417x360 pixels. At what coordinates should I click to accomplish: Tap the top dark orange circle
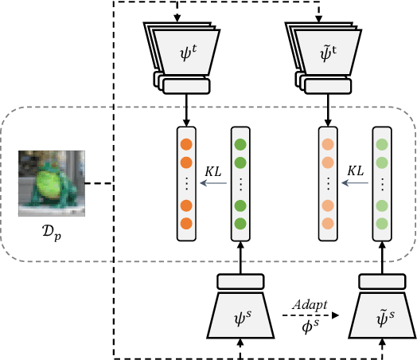click(186, 146)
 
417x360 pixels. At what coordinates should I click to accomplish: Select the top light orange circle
click(326, 146)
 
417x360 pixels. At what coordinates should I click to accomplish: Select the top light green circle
click(381, 146)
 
